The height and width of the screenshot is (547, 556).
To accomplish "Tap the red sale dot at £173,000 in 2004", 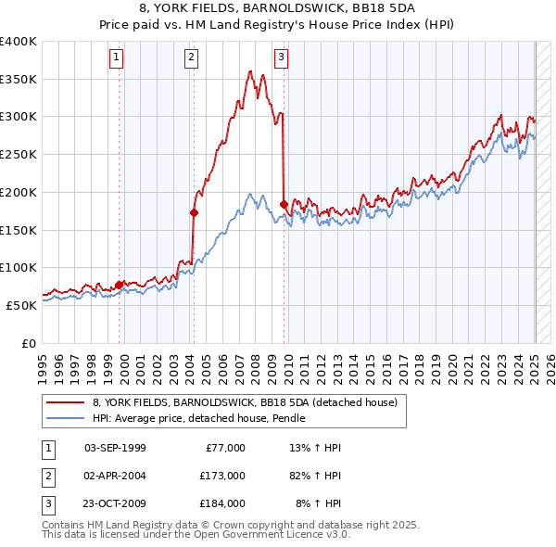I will click(x=194, y=212).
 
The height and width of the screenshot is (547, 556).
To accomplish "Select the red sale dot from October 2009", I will click(x=283, y=204).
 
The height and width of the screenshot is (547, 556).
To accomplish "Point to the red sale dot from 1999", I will click(x=120, y=285).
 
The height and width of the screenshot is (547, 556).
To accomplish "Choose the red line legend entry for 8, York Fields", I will click(x=246, y=402).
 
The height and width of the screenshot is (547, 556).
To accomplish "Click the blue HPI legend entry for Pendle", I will click(x=204, y=419).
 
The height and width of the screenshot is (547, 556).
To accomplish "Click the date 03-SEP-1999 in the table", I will click(x=115, y=448).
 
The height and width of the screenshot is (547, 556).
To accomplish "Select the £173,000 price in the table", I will click(x=222, y=476).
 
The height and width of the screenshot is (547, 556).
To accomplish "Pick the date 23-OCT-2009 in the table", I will click(x=115, y=503).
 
